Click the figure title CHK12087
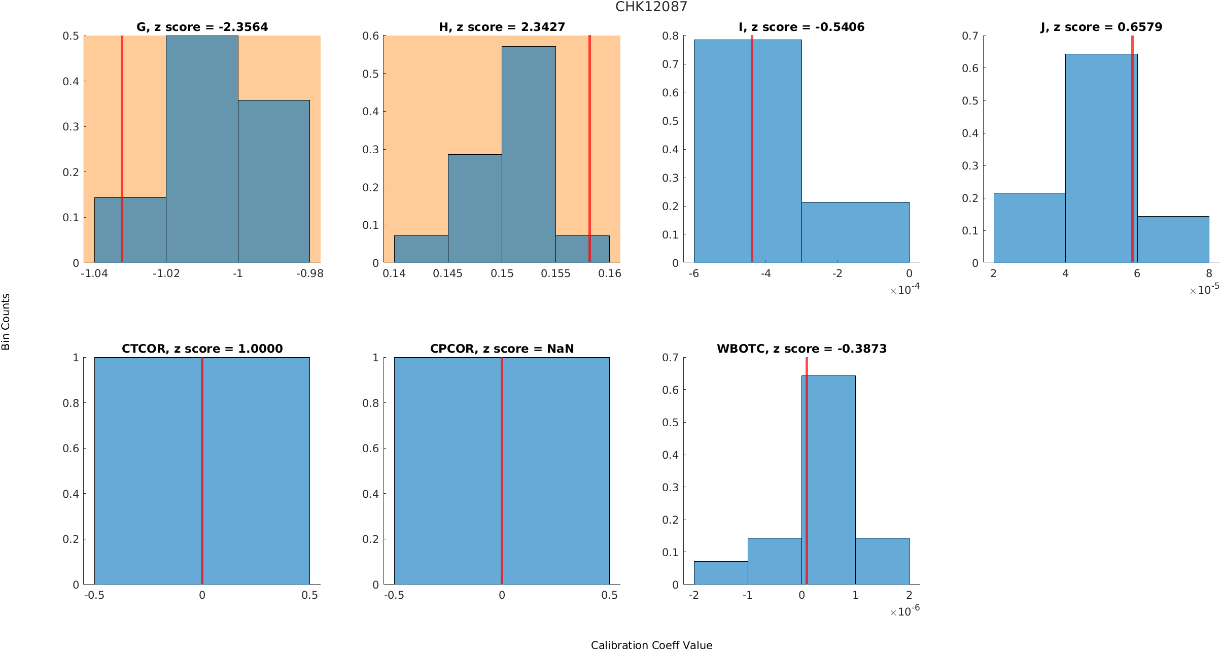pos(651,7)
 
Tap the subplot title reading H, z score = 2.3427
pos(502,27)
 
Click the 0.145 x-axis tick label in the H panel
pos(447,273)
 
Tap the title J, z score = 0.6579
pos(1101,27)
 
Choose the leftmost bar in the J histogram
pos(1029,228)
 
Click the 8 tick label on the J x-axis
pos(1209,273)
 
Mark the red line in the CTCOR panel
pos(202,472)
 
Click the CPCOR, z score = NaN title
pos(502,349)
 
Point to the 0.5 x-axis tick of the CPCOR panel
pos(609,595)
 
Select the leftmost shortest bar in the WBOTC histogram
pos(721,573)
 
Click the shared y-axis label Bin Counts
pos(6,322)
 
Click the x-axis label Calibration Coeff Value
pos(651,644)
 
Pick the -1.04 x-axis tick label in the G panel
pos(94,273)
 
